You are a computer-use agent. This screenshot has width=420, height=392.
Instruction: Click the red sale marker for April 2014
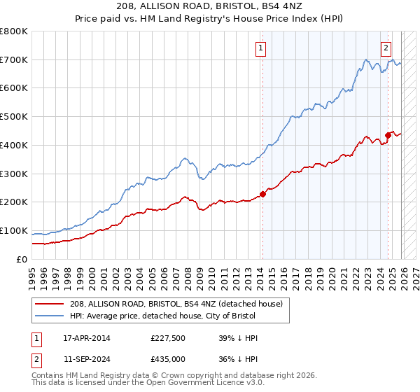pyautogui.click(x=263, y=194)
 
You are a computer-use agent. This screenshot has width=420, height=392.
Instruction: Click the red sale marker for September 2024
pyautogui.click(x=388, y=134)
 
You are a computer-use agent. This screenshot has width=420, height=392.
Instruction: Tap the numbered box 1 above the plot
pyautogui.click(x=260, y=48)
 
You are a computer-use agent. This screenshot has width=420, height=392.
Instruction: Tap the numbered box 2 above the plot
pyautogui.click(x=386, y=48)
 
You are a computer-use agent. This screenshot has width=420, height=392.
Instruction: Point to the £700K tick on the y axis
pyautogui.click(x=14, y=60)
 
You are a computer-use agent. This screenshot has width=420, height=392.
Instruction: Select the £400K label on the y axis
pyautogui.click(x=14, y=146)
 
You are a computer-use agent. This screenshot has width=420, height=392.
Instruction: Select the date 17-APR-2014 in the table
pyautogui.click(x=86, y=338)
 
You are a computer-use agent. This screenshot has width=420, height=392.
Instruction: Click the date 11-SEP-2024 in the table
pyautogui.click(x=86, y=358)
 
